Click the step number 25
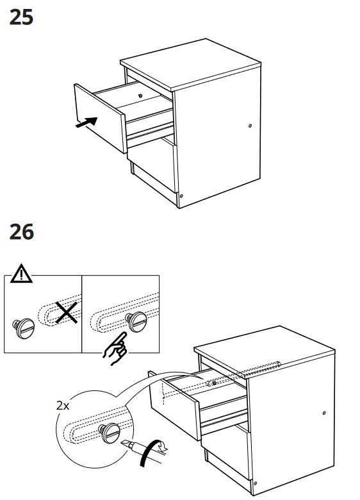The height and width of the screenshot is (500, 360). (22, 17)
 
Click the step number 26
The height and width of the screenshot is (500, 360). (22, 231)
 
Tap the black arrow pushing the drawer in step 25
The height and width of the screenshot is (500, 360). (86, 122)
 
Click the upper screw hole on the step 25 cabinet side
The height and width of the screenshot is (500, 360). (250, 126)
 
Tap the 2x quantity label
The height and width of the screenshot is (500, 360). (63, 405)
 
